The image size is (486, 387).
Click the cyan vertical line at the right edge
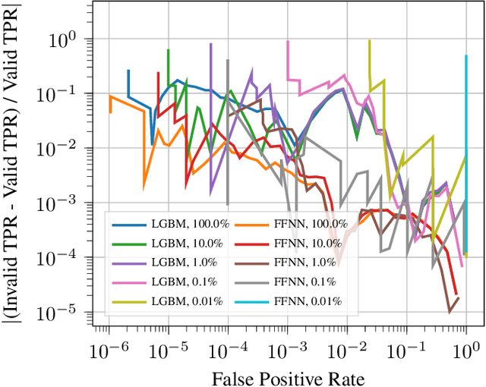tap(465, 152)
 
